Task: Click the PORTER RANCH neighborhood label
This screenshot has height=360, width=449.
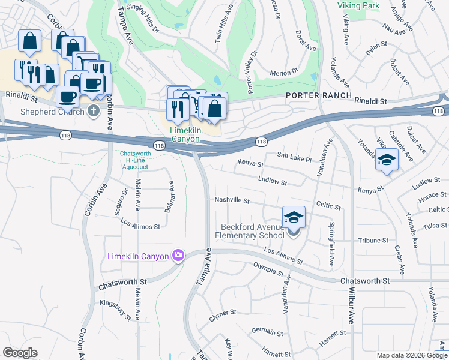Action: pyautogui.click(x=316, y=95)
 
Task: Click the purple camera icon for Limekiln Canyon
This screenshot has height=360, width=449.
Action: pyautogui.click(x=178, y=256)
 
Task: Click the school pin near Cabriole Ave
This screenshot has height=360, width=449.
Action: pyautogui.click(x=387, y=160)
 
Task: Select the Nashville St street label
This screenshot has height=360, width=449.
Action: pyautogui.click(x=232, y=200)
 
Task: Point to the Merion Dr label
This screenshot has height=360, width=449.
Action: pyautogui.click(x=284, y=71)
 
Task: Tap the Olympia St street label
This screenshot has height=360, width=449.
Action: pyautogui.click(x=268, y=269)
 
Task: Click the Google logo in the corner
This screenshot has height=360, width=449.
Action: pyautogui.click(x=20, y=353)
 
